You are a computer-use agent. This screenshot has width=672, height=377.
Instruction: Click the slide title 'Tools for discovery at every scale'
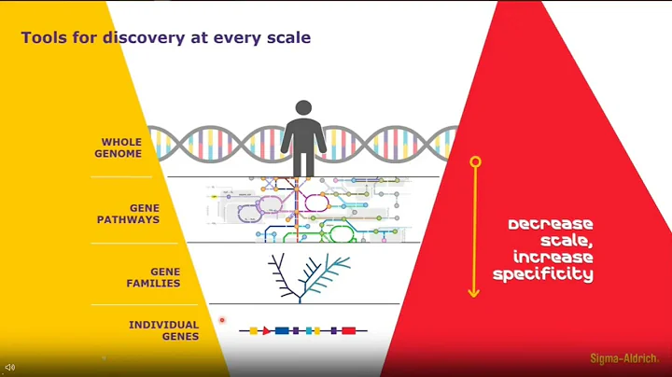pyautogui.click(x=166, y=38)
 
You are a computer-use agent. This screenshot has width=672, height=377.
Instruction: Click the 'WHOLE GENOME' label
pyautogui.click(x=122, y=147)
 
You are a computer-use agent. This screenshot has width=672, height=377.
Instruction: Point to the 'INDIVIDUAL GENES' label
pyautogui.click(x=163, y=330)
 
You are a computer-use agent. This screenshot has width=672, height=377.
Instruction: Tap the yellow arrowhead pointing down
pyautogui.click(x=474, y=291)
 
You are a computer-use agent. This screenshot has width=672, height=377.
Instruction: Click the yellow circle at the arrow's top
pyautogui.click(x=475, y=162)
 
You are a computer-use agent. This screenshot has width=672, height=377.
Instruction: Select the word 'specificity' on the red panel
pyautogui.click(x=543, y=274)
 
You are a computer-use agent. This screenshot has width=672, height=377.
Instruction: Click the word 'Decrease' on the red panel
pyautogui.click(x=551, y=225)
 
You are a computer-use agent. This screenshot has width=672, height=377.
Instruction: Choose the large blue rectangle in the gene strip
pyautogui.click(x=281, y=330)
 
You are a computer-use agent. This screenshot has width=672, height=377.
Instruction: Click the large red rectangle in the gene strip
pyautogui.click(x=348, y=330)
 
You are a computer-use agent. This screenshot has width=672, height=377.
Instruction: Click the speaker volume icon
pyautogui.click(x=9, y=368)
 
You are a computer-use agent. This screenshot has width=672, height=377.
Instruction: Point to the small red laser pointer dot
pyautogui.click(x=222, y=320)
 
